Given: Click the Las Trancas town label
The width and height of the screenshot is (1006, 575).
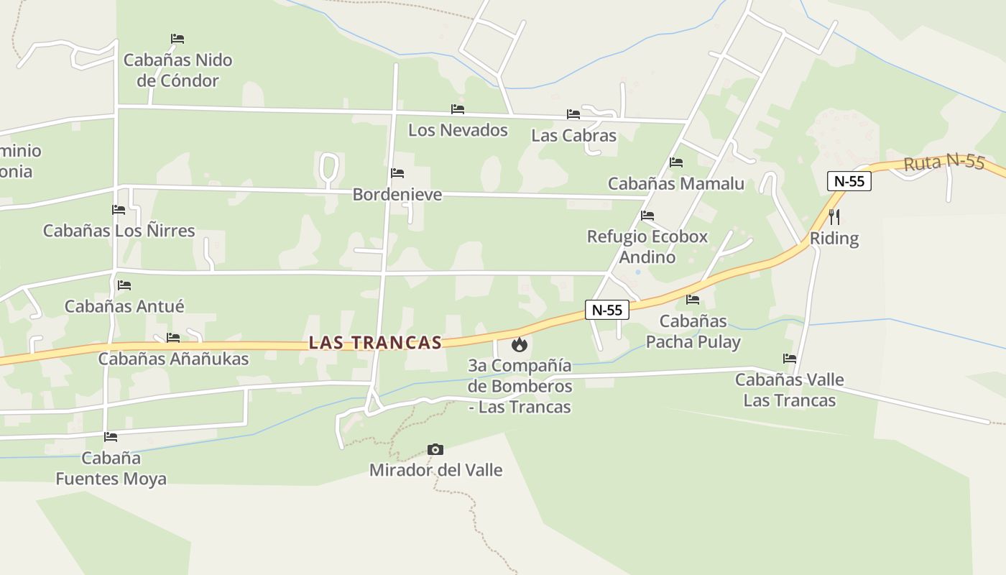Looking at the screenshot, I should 375,343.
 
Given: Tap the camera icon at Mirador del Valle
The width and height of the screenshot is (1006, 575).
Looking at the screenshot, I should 435,450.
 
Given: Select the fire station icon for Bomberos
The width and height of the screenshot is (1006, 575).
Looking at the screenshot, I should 519,346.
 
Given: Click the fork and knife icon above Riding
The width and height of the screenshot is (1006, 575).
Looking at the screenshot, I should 834,216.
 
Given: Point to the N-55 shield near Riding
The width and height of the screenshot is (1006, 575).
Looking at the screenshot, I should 849,181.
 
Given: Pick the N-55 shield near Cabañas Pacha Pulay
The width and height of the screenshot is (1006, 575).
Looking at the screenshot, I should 607,310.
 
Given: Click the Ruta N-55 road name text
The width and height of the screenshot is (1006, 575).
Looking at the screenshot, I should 943,162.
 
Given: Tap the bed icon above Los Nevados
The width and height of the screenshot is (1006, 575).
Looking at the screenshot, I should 458,109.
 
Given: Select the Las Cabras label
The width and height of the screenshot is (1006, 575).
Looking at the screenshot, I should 573,135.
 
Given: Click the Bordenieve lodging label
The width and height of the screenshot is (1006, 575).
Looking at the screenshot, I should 397,195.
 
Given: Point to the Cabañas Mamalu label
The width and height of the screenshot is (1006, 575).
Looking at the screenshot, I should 675,184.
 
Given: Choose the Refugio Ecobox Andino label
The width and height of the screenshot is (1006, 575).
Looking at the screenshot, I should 647,247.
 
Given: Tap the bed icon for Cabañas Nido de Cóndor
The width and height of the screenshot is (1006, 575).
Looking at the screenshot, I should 177,39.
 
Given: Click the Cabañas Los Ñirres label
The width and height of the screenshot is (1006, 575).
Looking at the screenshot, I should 119,231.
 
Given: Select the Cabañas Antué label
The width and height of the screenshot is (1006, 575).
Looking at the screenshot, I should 124,306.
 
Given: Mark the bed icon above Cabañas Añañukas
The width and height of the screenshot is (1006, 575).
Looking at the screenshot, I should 173,338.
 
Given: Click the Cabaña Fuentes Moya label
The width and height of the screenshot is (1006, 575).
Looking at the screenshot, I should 111,469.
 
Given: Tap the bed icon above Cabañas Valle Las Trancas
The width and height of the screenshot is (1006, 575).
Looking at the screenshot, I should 790,359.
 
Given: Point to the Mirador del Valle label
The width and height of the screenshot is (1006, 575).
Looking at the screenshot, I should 435,470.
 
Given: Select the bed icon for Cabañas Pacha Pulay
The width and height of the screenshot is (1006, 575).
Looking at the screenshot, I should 693,300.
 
